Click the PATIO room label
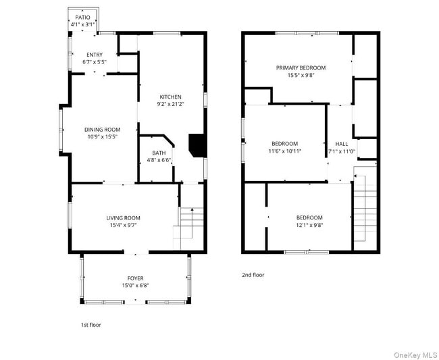[x=82, y=17]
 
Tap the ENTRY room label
[x=95, y=54]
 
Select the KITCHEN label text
[x=170, y=97]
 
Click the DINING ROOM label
[x=102, y=130]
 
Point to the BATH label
[x=159, y=153]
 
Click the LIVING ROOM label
[x=123, y=217]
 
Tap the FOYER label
[x=136, y=278]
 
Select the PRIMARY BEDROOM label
[x=301, y=68]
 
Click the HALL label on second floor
[x=342, y=144]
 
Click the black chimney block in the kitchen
[x=196, y=145]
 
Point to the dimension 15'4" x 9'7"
[x=123, y=226]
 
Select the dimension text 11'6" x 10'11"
[x=284, y=151]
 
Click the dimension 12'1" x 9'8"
[x=309, y=226]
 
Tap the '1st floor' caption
[x=91, y=325]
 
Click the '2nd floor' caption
[x=253, y=275]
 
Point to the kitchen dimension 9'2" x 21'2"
[x=170, y=105]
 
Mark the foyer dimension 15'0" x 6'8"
[x=136, y=286]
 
